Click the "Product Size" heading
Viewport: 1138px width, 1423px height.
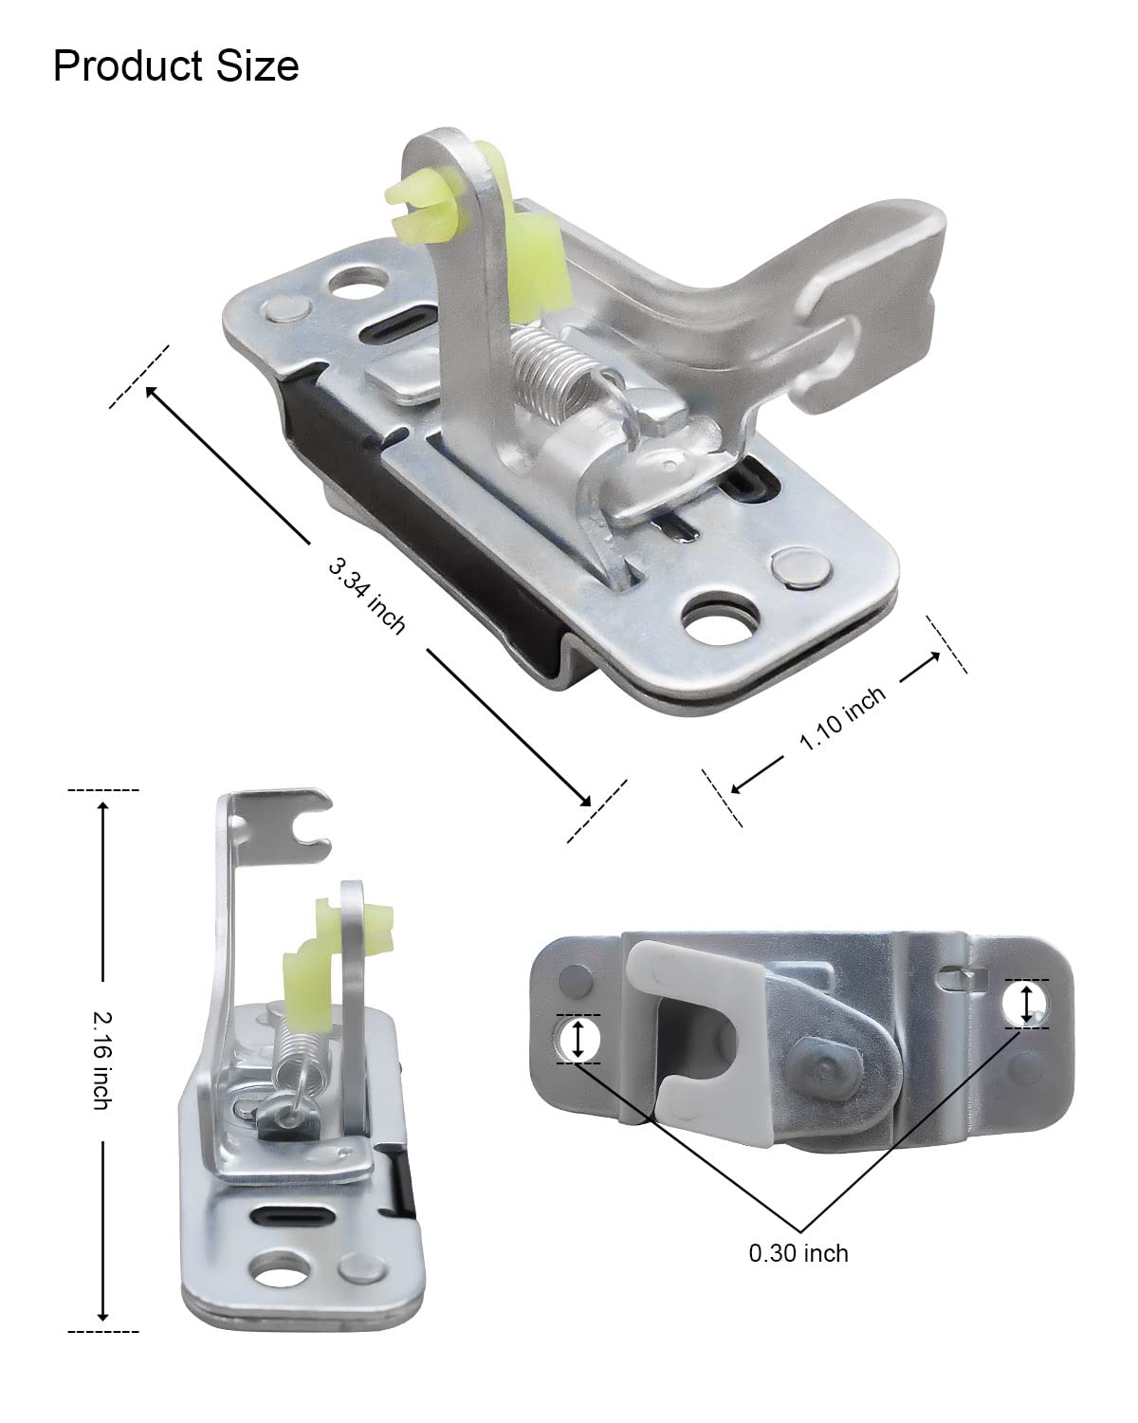point(175,65)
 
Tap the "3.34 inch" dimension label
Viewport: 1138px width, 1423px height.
point(367,596)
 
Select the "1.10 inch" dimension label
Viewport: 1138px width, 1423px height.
point(843,718)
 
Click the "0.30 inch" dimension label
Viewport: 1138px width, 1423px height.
point(798,1253)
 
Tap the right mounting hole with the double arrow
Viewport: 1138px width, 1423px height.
point(1025,1003)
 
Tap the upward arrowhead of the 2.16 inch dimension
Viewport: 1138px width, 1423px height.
point(102,804)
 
